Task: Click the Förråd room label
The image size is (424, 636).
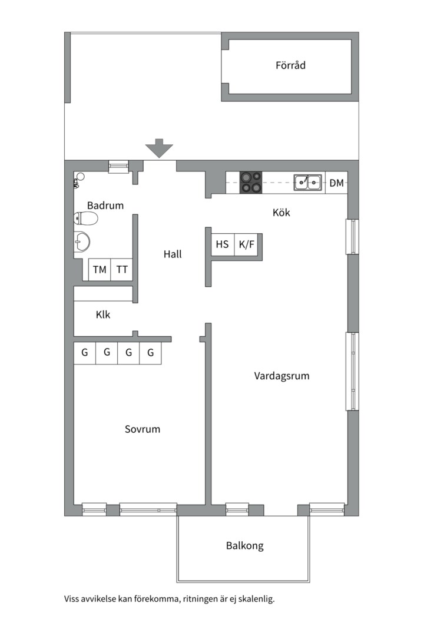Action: (290, 65)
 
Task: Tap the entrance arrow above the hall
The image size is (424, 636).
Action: (160, 148)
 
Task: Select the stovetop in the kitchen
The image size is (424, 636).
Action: (251, 183)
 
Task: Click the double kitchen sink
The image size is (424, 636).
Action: (308, 183)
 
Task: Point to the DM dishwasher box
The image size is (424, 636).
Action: (336, 183)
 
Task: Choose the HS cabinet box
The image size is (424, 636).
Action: (223, 244)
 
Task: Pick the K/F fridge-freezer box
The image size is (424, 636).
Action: (246, 244)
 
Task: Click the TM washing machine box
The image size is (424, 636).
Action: (100, 269)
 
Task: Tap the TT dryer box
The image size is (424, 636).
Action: (122, 269)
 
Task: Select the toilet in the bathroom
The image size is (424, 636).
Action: (85, 219)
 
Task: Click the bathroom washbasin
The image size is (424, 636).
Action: (81, 242)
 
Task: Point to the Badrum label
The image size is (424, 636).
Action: (105, 206)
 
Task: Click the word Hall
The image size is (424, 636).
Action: (173, 254)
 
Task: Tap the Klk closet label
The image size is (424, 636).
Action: (102, 314)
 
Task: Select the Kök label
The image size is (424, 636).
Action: (281, 213)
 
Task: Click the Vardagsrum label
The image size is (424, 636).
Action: (281, 376)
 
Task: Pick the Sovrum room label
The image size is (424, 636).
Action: (143, 429)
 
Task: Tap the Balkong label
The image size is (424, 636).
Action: (244, 546)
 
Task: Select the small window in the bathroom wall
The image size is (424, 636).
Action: (118, 166)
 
